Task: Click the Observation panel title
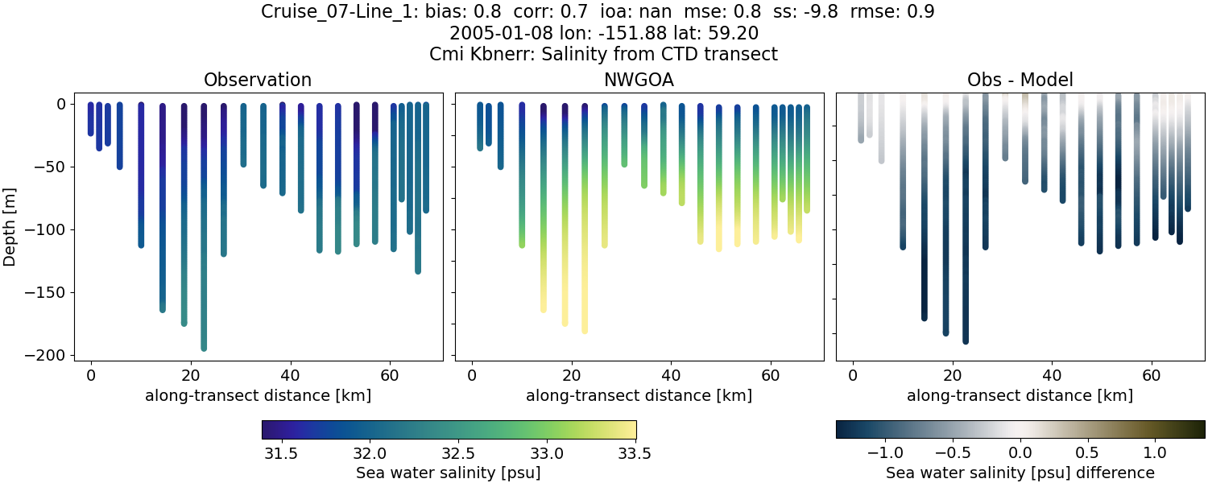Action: pyautogui.click(x=258, y=80)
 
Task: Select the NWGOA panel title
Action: pyautogui.click(x=639, y=80)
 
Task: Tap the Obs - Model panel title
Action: pyautogui.click(x=1020, y=80)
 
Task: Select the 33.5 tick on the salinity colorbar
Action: pyautogui.click(x=635, y=453)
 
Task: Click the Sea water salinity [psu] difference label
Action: pyautogui.click(x=1020, y=473)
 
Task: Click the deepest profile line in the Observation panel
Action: pyautogui.click(x=204, y=242)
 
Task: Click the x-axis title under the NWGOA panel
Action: pyautogui.click(x=639, y=395)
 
